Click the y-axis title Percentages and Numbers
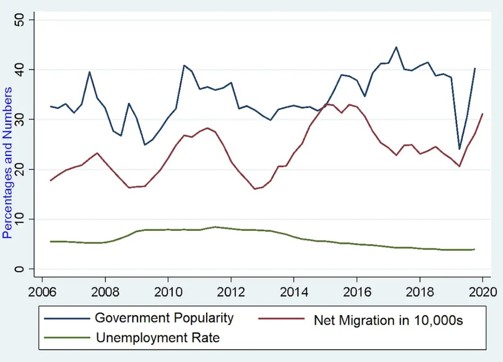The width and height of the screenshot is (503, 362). [8, 163]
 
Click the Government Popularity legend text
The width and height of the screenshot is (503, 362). [164, 318]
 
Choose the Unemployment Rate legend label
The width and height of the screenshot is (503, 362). [157, 338]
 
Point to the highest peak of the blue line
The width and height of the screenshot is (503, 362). [396, 47]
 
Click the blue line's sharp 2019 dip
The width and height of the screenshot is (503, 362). [459, 149]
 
